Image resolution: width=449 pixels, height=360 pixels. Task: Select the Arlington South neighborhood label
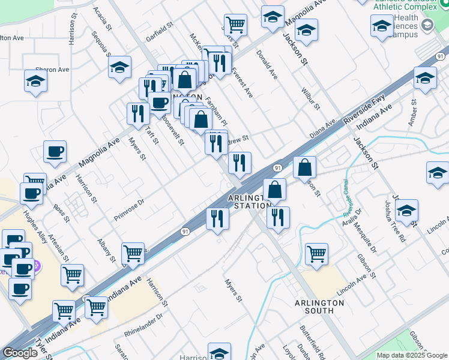click(319, 307)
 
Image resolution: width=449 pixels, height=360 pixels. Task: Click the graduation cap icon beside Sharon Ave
click(35, 81)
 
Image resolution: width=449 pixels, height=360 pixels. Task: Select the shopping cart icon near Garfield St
click(235, 25)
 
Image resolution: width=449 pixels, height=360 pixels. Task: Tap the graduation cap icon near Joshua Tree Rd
click(406, 211)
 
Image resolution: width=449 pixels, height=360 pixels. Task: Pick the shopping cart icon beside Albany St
click(133, 253)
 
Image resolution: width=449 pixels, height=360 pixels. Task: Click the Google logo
click(20, 353)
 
